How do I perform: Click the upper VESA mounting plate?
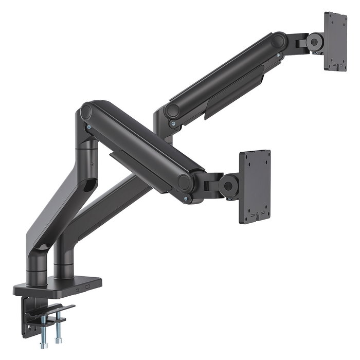(x=335, y=41)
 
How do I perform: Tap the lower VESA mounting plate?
(x=255, y=186)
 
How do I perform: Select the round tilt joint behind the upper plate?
(x=315, y=42)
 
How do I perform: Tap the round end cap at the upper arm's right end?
(x=278, y=40)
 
